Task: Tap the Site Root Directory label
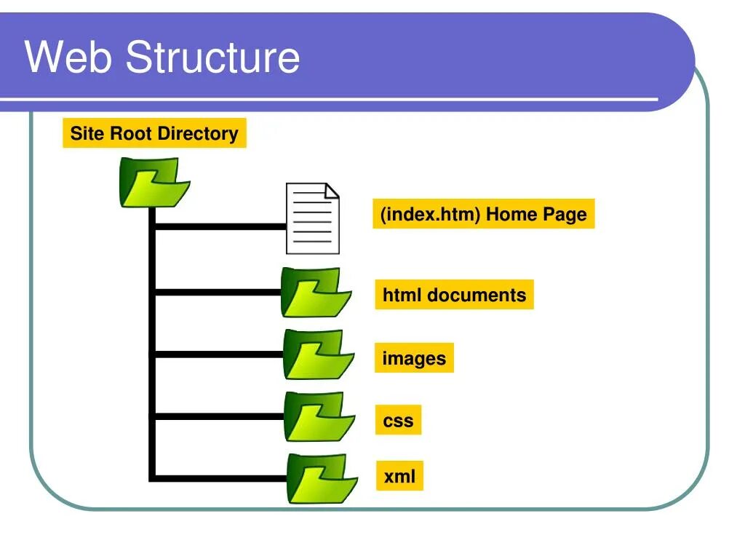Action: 154,134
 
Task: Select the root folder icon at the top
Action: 154,183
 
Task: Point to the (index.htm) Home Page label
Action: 483,215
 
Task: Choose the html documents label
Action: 454,296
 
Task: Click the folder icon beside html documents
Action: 316,292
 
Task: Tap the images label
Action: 414,358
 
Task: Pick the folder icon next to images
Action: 319,354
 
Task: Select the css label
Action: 398,421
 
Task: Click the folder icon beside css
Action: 319,416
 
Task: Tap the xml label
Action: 399,477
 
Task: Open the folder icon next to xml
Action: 322,478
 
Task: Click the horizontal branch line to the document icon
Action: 218,226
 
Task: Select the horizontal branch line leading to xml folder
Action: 218,478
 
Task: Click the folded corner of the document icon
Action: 332,191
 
